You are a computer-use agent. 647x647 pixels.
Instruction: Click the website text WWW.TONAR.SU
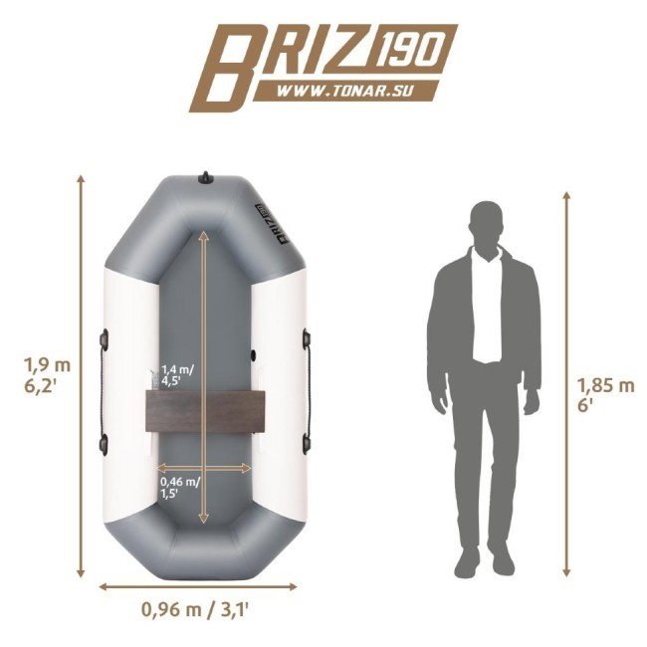point(344,91)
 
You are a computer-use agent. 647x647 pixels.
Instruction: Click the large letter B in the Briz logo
point(228,68)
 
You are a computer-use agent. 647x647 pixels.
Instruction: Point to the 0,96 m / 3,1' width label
point(195,609)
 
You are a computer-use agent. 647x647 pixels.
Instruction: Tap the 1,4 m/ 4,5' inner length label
point(177,374)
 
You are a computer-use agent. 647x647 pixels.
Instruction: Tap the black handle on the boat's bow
point(205,178)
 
